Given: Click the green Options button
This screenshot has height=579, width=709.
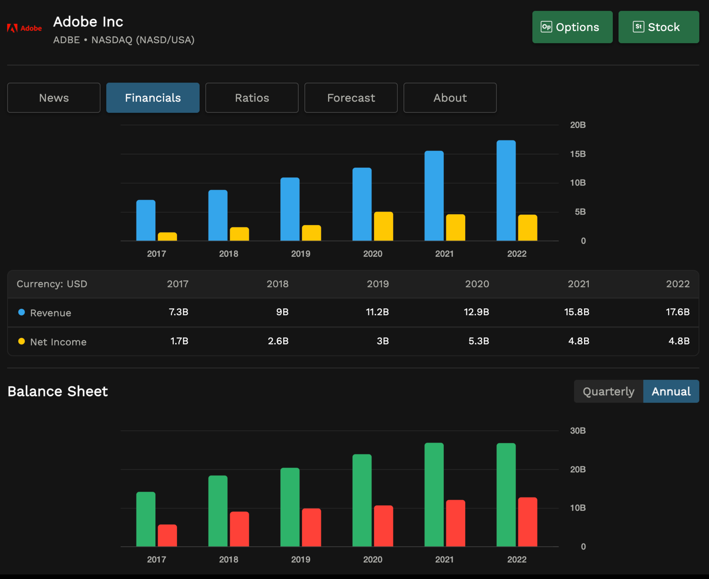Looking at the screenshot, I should coord(572,27).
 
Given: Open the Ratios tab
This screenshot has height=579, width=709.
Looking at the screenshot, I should coord(252,98).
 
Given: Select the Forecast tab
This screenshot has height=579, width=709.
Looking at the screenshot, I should coord(351,98).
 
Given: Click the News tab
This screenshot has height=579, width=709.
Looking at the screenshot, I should coord(54,98).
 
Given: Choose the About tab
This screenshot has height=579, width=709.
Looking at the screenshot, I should coord(450,98).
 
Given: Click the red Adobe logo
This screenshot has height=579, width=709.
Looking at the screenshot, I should coord(24,28).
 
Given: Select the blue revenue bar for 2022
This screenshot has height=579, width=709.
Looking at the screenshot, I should coord(506,191).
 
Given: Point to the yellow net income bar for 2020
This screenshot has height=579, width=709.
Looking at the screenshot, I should coord(383,226).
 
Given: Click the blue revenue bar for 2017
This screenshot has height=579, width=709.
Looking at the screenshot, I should coord(146,220).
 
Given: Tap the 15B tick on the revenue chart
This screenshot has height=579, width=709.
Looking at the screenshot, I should coord(578,154).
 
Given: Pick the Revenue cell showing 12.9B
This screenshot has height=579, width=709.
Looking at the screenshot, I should coord(476,312).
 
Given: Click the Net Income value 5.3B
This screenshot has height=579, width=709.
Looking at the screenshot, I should coord(478,341).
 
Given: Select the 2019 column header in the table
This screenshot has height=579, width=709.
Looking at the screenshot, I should coord(378,284).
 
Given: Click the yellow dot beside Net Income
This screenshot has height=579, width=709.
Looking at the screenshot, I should coord(21,341).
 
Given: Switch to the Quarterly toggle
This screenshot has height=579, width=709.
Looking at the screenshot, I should coord(608,391).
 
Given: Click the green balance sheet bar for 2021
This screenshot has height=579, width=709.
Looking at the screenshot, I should coord(434,495).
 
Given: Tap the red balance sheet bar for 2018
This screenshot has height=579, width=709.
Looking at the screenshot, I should coord(239,529).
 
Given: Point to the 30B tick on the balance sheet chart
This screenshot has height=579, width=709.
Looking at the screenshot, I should coord(578,431).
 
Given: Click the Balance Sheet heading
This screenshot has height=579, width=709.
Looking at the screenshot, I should coord(57,391).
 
